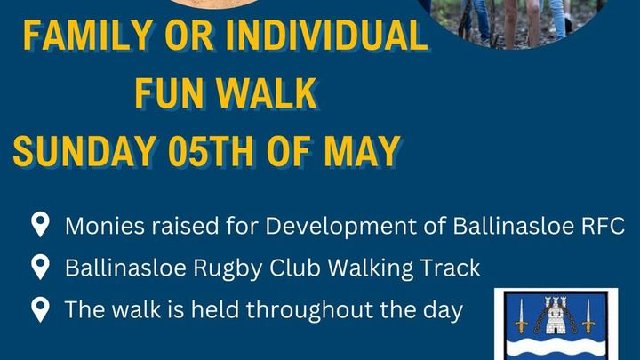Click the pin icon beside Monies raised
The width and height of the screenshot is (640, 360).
40,224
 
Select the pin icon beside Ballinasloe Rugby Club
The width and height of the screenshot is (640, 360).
40,267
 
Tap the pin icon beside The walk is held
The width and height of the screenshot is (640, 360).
40,309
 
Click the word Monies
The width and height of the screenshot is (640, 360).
105,226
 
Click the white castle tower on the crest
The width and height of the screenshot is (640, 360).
556,316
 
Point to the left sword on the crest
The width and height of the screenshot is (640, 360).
521,316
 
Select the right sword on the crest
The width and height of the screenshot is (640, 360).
588,316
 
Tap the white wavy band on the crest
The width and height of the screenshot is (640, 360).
556,347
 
